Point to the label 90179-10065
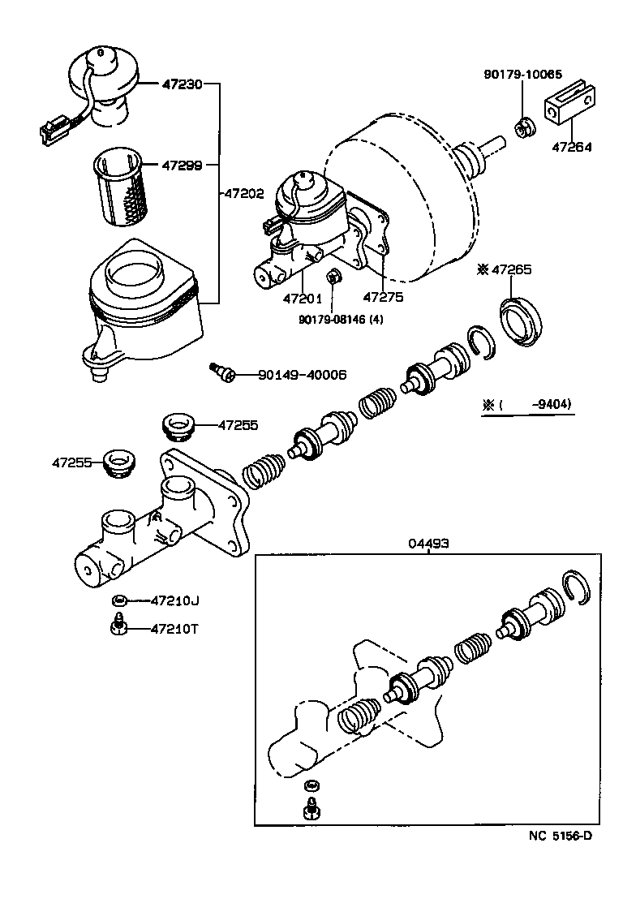522,74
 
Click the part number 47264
572,148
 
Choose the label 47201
303,299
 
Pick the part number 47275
382,299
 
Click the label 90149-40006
303,375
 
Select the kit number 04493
429,543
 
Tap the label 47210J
174,600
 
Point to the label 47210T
174,629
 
